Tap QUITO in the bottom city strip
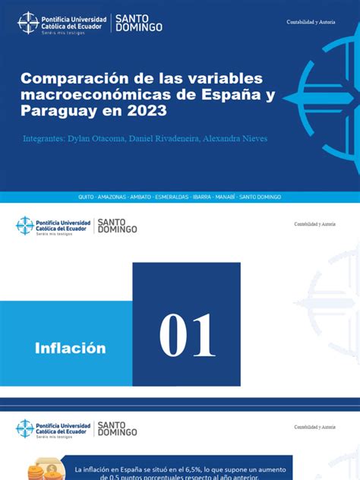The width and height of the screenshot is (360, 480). pyautogui.click(x=86, y=197)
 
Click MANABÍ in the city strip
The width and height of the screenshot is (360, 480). pyautogui.click(x=226, y=197)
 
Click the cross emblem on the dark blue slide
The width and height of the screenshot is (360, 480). pyautogui.click(x=28, y=23)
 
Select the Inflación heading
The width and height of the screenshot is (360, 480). pyautogui.click(x=70, y=349)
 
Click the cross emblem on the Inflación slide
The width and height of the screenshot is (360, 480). pyautogui.click(x=25, y=226)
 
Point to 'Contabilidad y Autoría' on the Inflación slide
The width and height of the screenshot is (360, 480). pyautogui.click(x=314, y=224)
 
